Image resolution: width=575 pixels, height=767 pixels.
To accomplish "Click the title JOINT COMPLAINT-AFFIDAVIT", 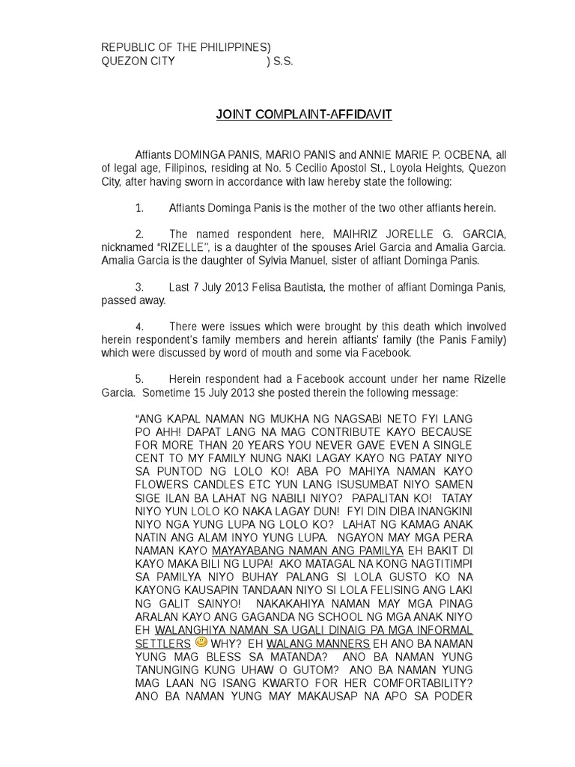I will click(303, 115).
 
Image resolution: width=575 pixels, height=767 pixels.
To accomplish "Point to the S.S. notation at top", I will click(283, 61).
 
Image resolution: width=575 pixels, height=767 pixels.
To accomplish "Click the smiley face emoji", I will click(201, 642).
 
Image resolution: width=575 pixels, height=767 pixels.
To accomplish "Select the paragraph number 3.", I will click(139, 287).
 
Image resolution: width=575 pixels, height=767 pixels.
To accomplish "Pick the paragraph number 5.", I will click(139, 379).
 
